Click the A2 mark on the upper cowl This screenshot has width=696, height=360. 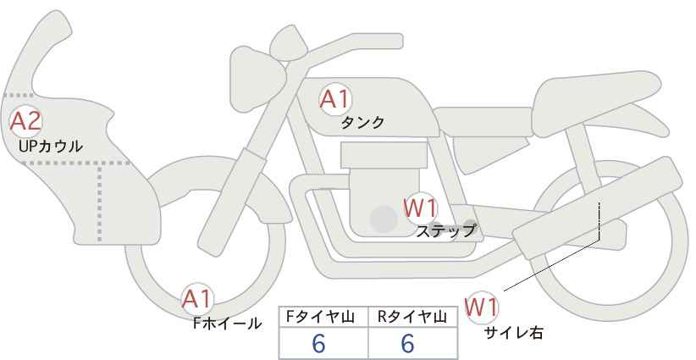25,121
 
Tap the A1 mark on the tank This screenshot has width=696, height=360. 335,99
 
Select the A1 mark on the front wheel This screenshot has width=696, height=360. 197,299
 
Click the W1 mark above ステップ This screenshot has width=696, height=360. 420,208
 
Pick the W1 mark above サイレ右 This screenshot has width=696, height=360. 481,307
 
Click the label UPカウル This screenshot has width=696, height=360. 50,147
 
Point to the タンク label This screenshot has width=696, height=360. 362,122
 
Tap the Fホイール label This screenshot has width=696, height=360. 227,324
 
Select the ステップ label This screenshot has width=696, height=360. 446,231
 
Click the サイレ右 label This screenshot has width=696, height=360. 514,333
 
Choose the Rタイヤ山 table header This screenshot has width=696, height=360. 412,317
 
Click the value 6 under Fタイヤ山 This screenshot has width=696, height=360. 318,343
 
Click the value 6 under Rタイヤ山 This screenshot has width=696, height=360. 407,343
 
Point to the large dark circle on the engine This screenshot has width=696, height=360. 384,219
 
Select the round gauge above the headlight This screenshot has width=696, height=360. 289,44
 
